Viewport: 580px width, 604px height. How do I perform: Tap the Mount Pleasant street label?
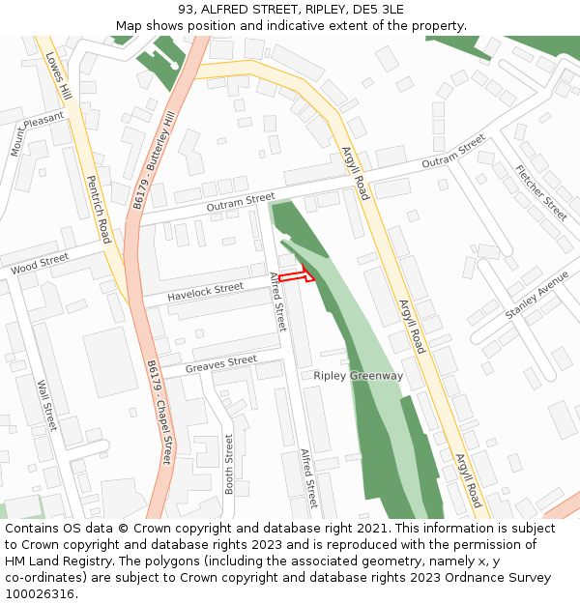pyautogui.click(x=36, y=132)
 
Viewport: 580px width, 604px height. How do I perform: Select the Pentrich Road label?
pyautogui.click(x=99, y=209)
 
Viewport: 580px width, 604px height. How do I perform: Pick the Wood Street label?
pyautogui.click(x=40, y=262)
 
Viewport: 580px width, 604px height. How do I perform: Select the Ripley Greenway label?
pyautogui.click(x=358, y=375)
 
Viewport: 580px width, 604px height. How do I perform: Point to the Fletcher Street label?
pyautogui.click(x=541, y=193)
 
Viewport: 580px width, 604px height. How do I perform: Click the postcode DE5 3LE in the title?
pyautogui.click(x=378, y=10)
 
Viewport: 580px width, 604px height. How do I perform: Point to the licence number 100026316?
pyautogui.click(x=39, y=594)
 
